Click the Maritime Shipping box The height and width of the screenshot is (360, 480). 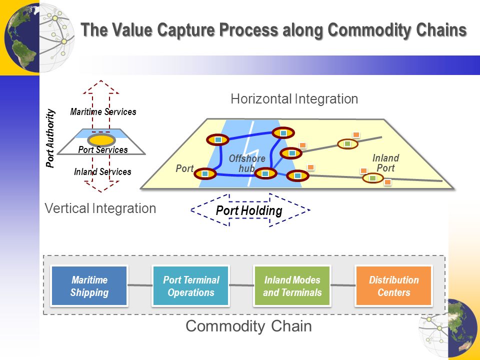(89, 285)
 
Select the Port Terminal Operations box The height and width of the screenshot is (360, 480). (190, 285)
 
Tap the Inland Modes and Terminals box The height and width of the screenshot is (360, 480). (292, 285)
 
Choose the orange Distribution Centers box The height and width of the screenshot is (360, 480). (393, 285)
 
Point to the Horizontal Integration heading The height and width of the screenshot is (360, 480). (294, 99)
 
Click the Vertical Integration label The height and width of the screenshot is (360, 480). (100, 208)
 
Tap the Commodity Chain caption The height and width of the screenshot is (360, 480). (248, 325)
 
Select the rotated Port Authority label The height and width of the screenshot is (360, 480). (50, 138)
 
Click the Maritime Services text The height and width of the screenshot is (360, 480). (103, 111)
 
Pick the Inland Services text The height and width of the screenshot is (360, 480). (102, 171)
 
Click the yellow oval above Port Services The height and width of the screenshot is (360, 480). (101, 140)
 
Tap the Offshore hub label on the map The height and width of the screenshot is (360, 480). (247, 163)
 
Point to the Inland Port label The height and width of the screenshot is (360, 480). (385, 163)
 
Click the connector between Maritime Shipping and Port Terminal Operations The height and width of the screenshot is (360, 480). (140, 285)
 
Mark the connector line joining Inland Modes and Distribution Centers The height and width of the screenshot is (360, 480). (343, 285)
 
